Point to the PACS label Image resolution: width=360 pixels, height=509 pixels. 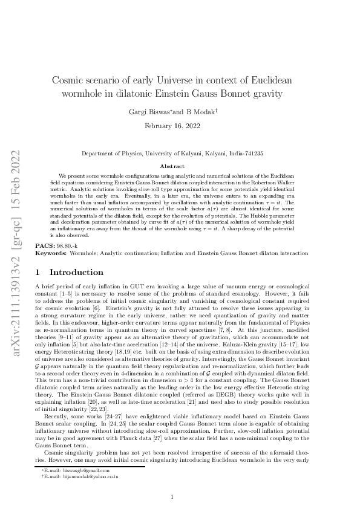45,247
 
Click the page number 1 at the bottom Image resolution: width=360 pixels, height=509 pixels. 172,497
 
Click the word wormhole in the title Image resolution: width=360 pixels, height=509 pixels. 83,93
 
